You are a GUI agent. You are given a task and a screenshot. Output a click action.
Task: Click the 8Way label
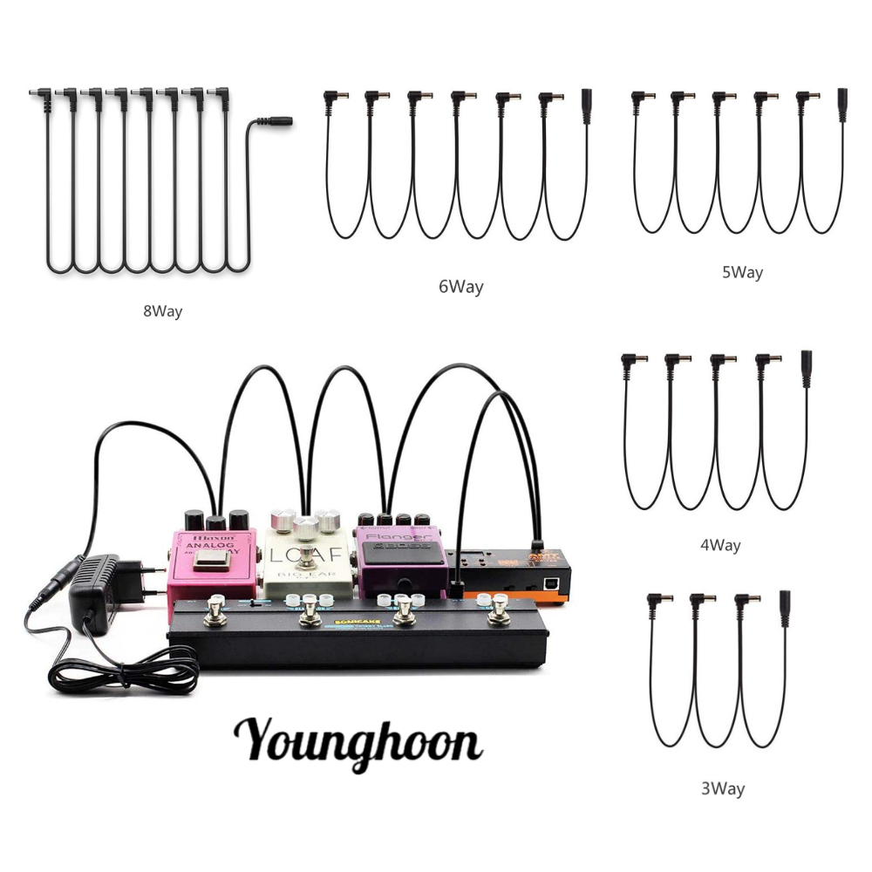tap(162, 310)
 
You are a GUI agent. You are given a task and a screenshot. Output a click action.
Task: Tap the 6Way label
tap(460, 286)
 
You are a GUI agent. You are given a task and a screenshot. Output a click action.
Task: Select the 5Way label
tap(741, 272)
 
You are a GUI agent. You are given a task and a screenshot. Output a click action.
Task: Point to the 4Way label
tap(720, 545)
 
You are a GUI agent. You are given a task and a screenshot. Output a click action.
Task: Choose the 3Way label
tap(723, 789)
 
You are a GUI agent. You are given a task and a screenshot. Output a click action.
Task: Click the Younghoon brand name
tap(358, 742)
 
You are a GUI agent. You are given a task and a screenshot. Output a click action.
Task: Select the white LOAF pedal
tap(308, 558)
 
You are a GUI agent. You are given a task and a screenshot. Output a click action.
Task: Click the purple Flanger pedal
tap(400, 554)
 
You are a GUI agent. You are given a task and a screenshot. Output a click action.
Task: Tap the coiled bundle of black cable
tap(122, 671)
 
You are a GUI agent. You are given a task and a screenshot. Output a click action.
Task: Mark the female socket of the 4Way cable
tap(806, 363)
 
